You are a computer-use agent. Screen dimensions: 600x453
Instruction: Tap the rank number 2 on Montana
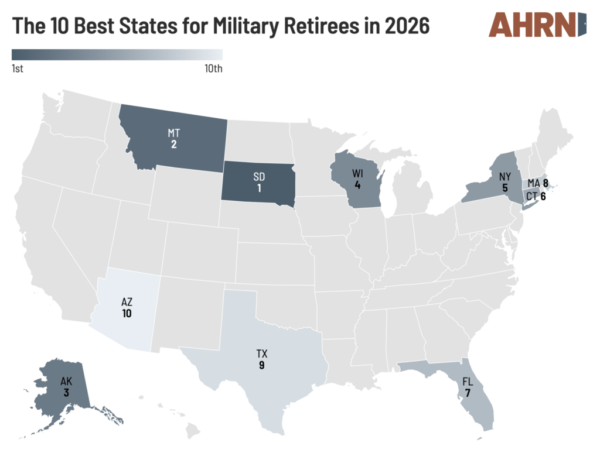pyautogui.click(x=174, y=144)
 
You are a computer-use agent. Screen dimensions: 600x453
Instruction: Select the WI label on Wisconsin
pyautogui.click(x=357, y=174)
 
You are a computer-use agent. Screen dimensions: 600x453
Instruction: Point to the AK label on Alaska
pyautogui.click(x=66, y=382)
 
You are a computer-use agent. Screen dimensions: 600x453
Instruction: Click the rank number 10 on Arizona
pyautogui.click(x=127, y=313)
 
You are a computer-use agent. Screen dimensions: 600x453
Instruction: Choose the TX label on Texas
pyautogui.click(x=261, y=354)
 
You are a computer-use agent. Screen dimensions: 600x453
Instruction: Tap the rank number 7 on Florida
pyautogui.click(x=468, y=393)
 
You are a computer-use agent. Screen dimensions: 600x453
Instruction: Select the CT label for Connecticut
pyautogui.click(x=531, y=197)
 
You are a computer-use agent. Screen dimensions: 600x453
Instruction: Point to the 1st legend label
pyautogui.click(x=18, y=69)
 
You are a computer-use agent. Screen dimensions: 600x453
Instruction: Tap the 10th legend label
pyautogui.click(x=213, y=69)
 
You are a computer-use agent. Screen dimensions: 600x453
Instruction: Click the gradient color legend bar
pyautogui.click(x=117, y=55)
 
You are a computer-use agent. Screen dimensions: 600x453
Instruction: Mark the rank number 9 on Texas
pyautogui.click(x=261, y=365)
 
